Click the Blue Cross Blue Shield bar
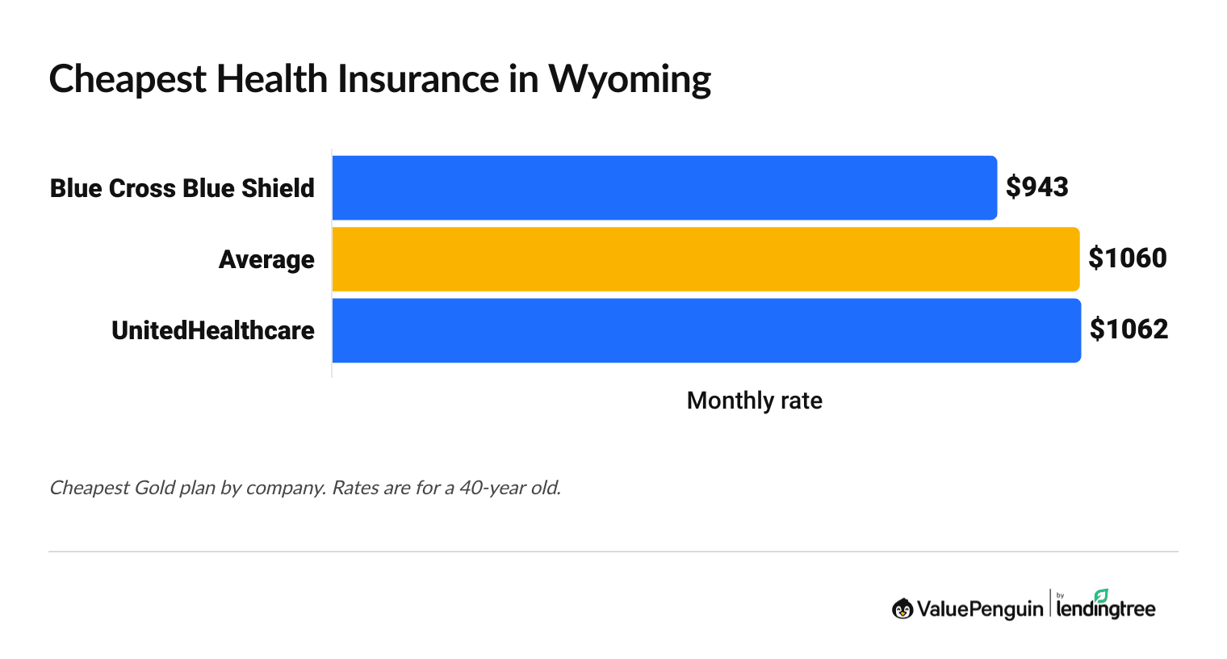664,187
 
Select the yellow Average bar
706,258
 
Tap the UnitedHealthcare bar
706,330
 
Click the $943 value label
1036,187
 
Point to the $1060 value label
1127,258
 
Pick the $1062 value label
1129,329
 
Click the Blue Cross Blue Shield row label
182,188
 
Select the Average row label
266,259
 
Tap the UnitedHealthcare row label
213,330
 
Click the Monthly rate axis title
754,401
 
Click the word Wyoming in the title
630,80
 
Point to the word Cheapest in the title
127,80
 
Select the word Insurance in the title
418,79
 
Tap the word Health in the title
271,79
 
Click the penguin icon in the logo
902,609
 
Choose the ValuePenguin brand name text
979,609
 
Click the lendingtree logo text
1105,610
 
